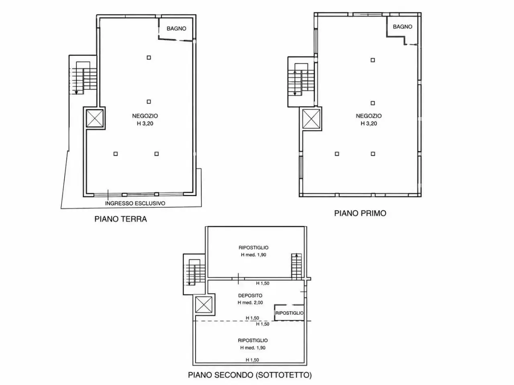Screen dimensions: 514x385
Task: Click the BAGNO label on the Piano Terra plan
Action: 176,28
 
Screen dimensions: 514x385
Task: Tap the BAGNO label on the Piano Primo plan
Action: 402,26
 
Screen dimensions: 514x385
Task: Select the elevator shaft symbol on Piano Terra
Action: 95,118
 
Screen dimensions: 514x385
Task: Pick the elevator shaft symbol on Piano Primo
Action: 311,119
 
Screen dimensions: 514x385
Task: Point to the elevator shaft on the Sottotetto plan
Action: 204,304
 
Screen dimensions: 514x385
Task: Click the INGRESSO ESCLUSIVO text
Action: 135,203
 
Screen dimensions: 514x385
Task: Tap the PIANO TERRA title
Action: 120,219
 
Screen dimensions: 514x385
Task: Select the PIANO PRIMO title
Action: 360,213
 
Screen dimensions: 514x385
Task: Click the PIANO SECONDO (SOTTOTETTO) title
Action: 250,375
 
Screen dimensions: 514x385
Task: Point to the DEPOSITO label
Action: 250,296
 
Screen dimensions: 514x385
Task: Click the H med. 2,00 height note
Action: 250,302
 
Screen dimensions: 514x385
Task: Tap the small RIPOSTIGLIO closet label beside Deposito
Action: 290,313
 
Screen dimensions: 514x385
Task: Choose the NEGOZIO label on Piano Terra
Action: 145,116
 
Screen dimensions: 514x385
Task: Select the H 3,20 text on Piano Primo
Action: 369,124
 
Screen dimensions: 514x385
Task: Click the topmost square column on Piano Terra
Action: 149,57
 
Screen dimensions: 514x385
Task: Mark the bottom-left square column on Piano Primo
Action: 337,154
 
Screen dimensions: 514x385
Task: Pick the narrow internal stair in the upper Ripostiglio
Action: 296,266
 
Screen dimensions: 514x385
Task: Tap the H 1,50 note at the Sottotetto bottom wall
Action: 252,360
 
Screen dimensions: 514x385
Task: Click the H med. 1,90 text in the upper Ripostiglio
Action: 253,255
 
